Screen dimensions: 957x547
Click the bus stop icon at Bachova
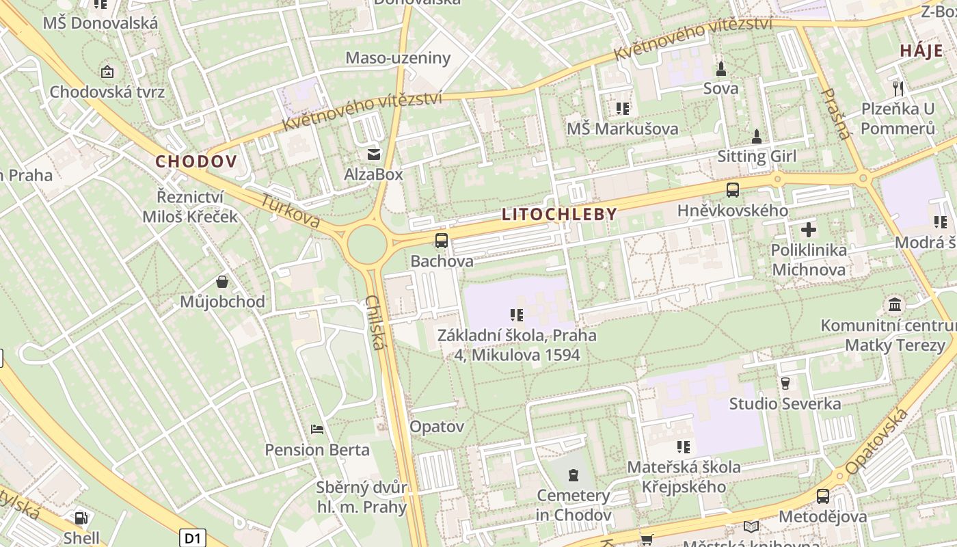tap(442, 241)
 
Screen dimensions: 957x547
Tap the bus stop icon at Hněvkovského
tap(733, 189)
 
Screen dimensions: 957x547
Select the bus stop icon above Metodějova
tap(823, 496)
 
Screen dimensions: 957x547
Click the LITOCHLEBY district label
tap(559, 214)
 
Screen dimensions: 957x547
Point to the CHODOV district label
tap(196, 162)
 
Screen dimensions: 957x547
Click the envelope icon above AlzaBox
tap(373, 154)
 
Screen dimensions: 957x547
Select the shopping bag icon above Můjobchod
tap(222, 281)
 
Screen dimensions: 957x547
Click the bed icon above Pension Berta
tap(317, 429)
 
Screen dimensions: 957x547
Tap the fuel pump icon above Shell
tap(81, 518)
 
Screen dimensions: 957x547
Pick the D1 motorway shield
tap(193, 537)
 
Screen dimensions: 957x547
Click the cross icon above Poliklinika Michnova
tap(809, 230)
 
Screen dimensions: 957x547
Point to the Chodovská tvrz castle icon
tap(107, 71)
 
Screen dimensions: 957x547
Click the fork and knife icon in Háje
tap(898, 88)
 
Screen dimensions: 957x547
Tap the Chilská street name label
tap(374, 322)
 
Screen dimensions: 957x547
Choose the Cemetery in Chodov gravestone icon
tap(573, 475)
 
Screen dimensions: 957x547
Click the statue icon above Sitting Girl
tap(757, 136)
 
